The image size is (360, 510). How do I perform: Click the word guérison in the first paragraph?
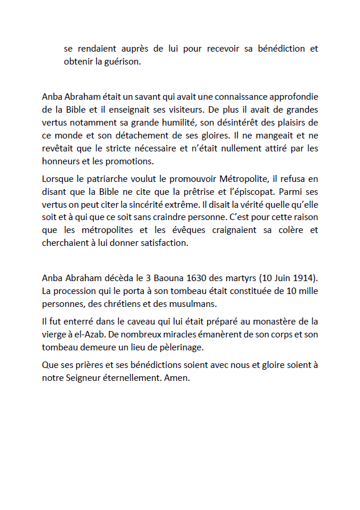pyautogui.click(x=123, y=62)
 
